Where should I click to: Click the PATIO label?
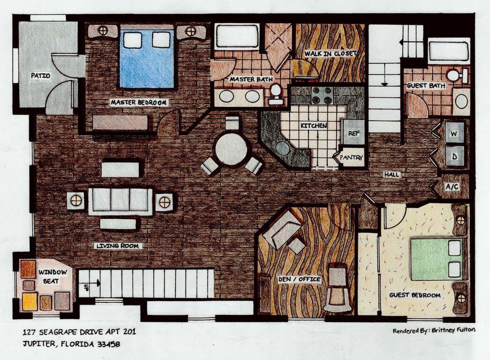point(40,75)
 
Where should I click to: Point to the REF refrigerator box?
point(353,133)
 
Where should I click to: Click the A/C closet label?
point(452,186)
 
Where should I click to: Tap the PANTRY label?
point(352,158)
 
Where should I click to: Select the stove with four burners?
point(322,95)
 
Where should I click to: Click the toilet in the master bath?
point(276,93)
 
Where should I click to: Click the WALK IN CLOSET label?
point(331,53)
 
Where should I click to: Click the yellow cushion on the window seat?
point(30,302)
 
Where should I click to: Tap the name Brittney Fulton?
point(453,330)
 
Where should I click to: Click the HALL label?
point(392,175)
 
